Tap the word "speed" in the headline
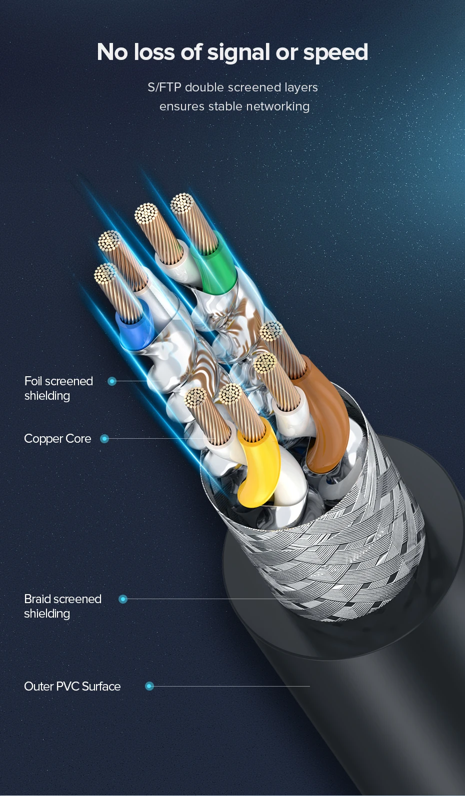pyautogui.click(x=335, y=52)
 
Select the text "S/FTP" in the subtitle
pyautogui.click(x=164, y=87)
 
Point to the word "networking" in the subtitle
pyautogui.click(x=277, y=106)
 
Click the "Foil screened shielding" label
pyautogui.click(x=58, y=388)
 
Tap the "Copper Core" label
pyautogui.click(x=57, y=439)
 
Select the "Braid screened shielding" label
pyautogui.click(x=62, y=606)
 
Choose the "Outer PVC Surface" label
pyautogui.click(x=72, y=687)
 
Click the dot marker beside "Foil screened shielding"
pyautogui.click(x=112, y=381)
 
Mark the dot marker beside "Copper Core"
pyautogui.click(x=104, y=439)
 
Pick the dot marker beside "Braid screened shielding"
pyautogui.click(x=123, y=599)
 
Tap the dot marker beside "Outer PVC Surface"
pyautogui.click(x=149, y=687)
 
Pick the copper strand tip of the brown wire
pyautogui.click(x=271, y=331)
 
